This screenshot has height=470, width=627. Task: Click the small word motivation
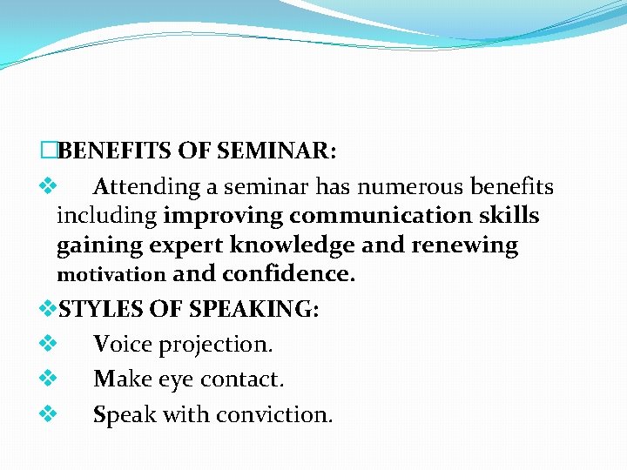111,275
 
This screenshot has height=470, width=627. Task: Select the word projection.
219,345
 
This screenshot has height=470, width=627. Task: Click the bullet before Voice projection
48,344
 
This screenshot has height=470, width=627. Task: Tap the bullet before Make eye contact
48,379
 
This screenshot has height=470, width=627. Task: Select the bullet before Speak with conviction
48,414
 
